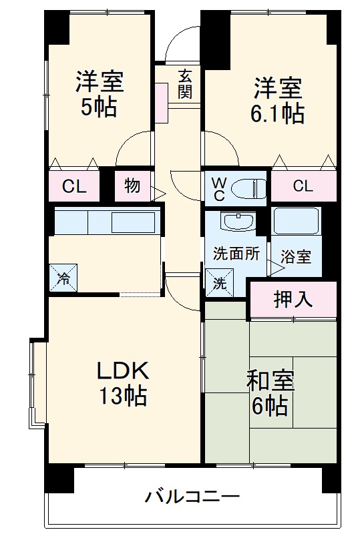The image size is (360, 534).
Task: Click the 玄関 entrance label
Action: (x=185, y=84)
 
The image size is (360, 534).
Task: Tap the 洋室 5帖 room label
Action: (x=100, y=95)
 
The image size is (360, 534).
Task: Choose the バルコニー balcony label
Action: (x=192, y=497)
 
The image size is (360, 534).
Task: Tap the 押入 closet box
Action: (x=293, y=299)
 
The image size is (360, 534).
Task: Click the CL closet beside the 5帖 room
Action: (x=73, y=187)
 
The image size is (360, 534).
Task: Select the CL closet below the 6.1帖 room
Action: (x=303, y=187)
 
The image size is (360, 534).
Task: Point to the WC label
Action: (x=218, y=188)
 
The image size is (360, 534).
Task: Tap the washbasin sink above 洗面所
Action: (x=236, y=221)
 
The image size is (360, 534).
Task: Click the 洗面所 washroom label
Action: (x=236, y=254)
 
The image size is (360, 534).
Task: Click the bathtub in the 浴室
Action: (x=297, y=221)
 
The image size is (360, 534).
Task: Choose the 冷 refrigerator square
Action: (x=63, y=277)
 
